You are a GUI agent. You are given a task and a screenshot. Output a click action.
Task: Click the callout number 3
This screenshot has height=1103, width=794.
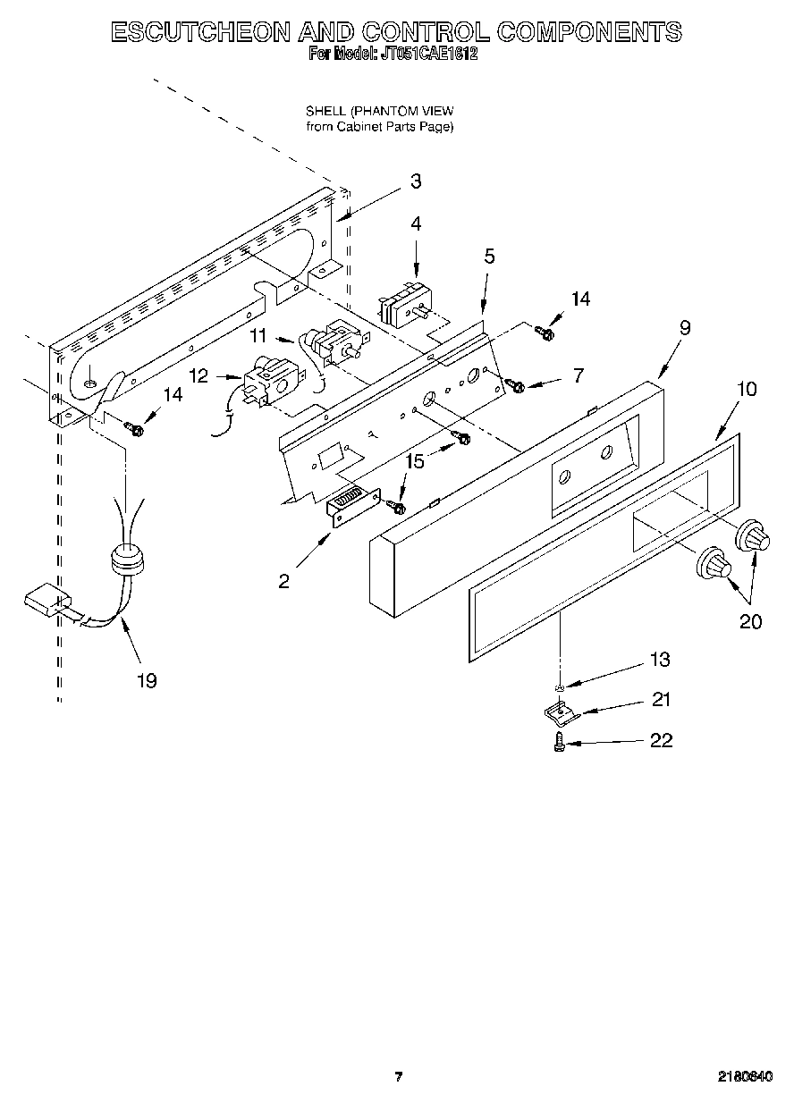pos(415,181)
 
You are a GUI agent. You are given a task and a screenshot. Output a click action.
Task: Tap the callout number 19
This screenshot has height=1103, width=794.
pos(147,681)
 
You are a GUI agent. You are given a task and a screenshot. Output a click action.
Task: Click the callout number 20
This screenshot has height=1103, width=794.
pos(750,621)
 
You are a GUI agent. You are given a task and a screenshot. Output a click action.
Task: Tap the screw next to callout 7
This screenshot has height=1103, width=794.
pos(516,385)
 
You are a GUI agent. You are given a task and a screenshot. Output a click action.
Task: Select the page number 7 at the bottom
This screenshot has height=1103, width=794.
pos(399,1076)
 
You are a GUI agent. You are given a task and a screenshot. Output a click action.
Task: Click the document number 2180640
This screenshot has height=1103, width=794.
pos(743,1076)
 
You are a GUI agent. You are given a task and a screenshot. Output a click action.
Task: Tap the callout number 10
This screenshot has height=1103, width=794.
pos(747,389)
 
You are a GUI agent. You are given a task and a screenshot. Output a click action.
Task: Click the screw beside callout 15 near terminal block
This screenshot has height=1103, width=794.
pos(398,508)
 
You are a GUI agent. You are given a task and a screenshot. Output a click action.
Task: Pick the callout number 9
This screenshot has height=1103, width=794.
pos(684,328)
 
